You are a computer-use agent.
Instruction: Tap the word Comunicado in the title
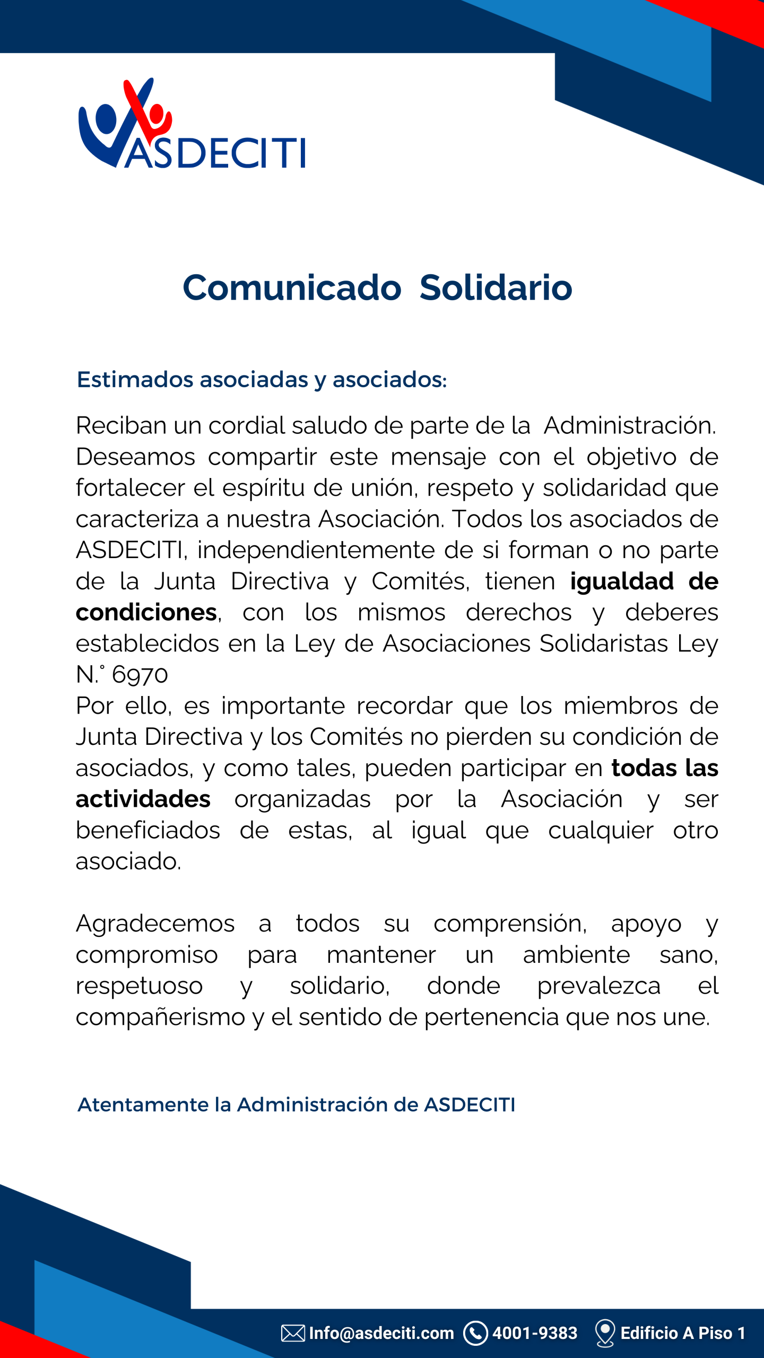coord(292,288)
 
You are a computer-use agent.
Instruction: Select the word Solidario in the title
coord(496,288)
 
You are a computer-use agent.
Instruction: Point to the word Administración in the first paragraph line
coord(629,425)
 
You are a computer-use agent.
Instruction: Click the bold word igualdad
coord(622,582)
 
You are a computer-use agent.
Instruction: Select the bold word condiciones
coord(146,613)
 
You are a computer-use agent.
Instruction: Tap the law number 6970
coord(140,675)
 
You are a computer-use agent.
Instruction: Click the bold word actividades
coord(143,799)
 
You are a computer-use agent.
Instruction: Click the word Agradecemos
coord(155,924)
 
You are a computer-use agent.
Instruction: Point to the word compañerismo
coord(160,1017)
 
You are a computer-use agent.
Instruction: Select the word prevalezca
coord(598,986)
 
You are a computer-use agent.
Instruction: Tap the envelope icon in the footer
coord(293,1333)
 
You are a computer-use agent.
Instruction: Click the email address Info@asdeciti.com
coord(381,1333)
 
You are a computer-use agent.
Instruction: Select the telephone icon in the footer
coord(475,1333)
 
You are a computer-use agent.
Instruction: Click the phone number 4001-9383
coord(534,1333)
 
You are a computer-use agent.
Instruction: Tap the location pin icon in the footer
coord(605,1333)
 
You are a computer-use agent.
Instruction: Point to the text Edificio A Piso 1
coord(683,1333)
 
